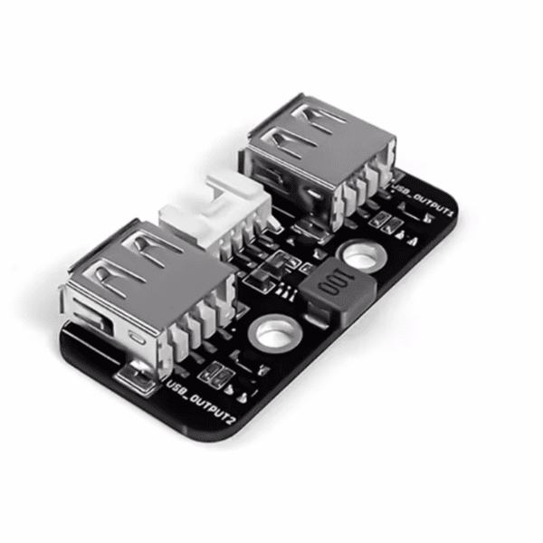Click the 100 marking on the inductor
335,281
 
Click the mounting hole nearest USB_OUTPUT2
273,332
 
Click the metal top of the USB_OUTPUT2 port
149,269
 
